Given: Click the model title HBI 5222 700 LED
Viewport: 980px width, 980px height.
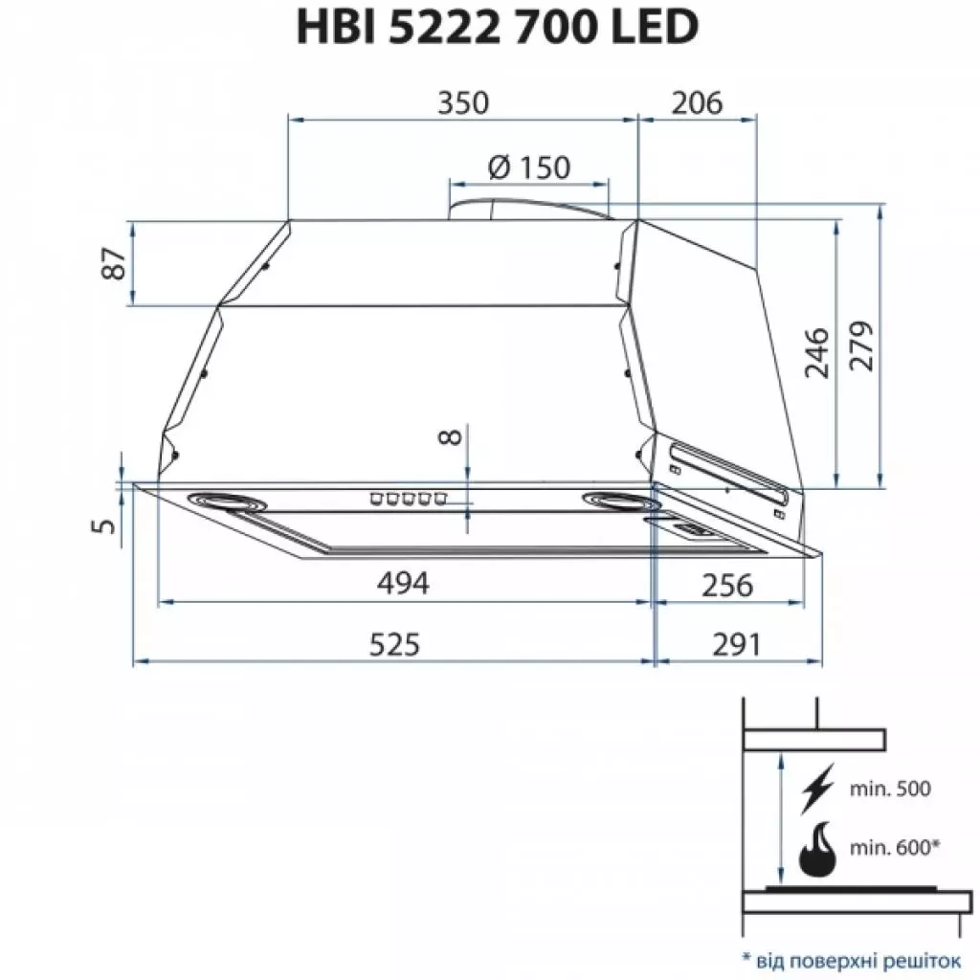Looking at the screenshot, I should coord(494,28).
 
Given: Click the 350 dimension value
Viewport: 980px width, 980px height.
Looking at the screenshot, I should coord(463,102).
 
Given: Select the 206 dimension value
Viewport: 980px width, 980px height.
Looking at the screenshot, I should coord(696,102).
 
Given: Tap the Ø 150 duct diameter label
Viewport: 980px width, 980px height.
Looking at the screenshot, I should coord(528,167).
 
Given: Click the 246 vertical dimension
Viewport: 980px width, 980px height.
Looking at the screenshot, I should coord(815,353).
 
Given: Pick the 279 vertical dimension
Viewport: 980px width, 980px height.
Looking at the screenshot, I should coord(861,349).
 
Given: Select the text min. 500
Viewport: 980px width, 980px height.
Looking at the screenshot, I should coord(889,789).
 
